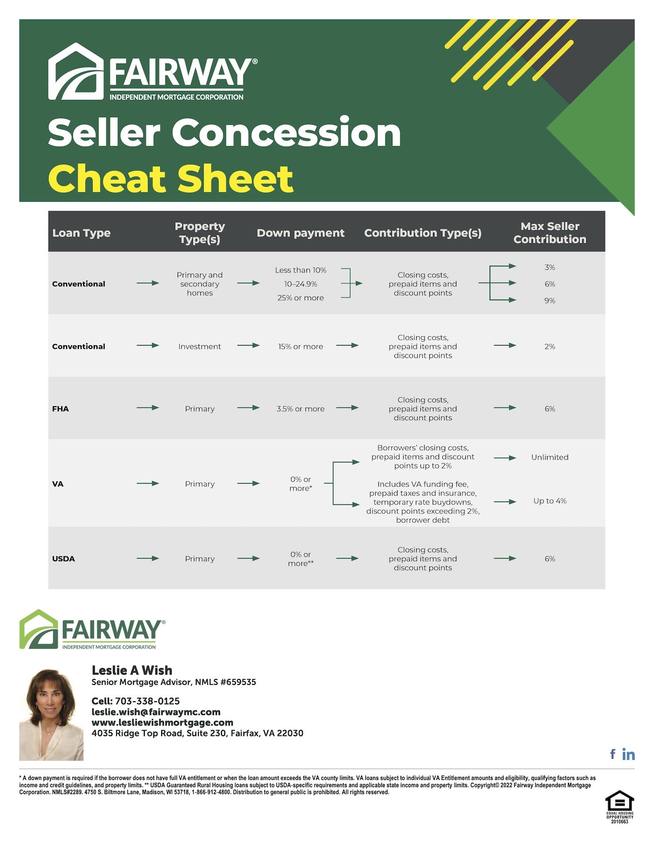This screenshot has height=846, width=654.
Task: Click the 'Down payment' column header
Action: coord(300,233)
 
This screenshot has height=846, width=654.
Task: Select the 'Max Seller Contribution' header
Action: coord(550,233)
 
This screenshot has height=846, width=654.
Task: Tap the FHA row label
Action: coord(60,409)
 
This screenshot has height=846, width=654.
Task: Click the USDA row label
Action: coord(64,558)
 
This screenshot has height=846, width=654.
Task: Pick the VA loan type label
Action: coord(57,484)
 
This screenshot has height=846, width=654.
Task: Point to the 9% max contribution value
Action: coord(550,301)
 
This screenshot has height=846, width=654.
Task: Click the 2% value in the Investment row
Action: coord(550,346)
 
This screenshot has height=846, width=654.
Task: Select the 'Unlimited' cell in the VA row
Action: coord(550,457)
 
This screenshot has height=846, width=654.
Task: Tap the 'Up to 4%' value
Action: coord(550,501)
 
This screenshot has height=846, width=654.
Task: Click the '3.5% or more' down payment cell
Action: coord(300,409)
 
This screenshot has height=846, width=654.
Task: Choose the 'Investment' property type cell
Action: coord(199,346)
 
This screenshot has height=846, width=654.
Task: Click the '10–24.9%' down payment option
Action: coord(300,284)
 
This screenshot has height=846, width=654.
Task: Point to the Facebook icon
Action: coord(613,754)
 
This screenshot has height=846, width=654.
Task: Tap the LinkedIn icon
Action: coord(629,754)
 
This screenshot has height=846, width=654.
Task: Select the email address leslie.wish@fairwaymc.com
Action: coord(156,712)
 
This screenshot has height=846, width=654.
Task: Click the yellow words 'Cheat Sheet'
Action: coord(171,179)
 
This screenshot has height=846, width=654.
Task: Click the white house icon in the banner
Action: coord(76,71)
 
